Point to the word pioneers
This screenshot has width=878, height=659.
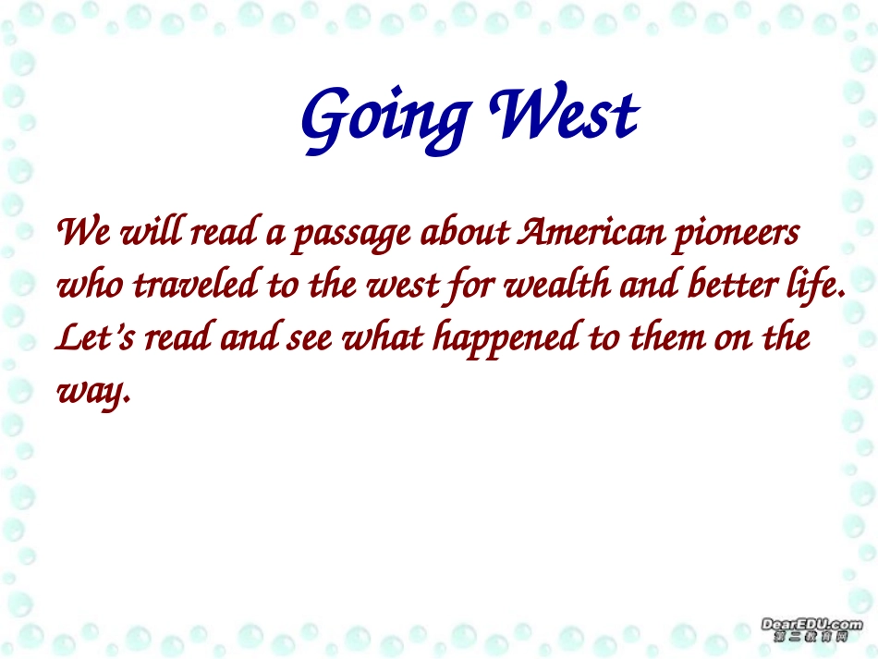[737, 234]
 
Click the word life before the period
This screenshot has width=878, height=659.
[811, 286]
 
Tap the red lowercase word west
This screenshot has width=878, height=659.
[403, 286]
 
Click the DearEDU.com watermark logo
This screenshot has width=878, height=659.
[811, 629]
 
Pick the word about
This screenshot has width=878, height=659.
[465, 231]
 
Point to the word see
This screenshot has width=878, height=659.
[310, 338]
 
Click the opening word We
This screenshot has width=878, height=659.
[83, 231]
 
